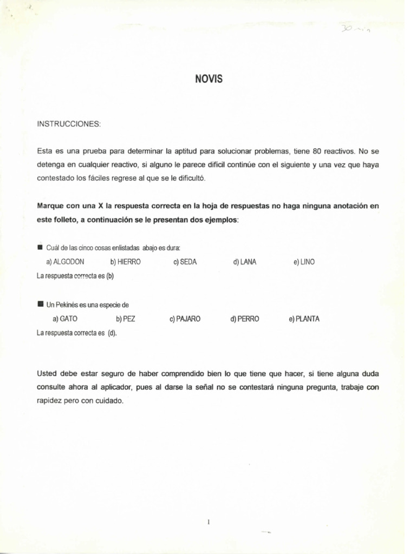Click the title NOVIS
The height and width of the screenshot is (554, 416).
(209, 80)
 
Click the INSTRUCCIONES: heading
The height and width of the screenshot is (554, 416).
(69, 124)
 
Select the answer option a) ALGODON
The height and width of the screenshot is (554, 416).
(65, 262)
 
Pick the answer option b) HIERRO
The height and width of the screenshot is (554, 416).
(125, 262)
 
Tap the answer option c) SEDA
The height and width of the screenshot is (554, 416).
(185, 262)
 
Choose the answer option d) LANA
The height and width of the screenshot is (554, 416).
(245, 262)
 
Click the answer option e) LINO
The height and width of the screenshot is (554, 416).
(304, 262)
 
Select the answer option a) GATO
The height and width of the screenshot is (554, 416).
(65, 319)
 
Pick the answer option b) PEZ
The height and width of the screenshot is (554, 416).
(126, 319)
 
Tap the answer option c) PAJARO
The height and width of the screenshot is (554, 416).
(185, 319)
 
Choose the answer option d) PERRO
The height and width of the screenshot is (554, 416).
(245, 319)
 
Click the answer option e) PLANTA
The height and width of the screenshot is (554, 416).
(304, 319)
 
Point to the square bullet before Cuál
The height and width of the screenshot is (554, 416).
(40, 247)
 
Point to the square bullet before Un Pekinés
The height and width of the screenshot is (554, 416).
(40, 305)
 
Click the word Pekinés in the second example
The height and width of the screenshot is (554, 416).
(67, 305)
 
